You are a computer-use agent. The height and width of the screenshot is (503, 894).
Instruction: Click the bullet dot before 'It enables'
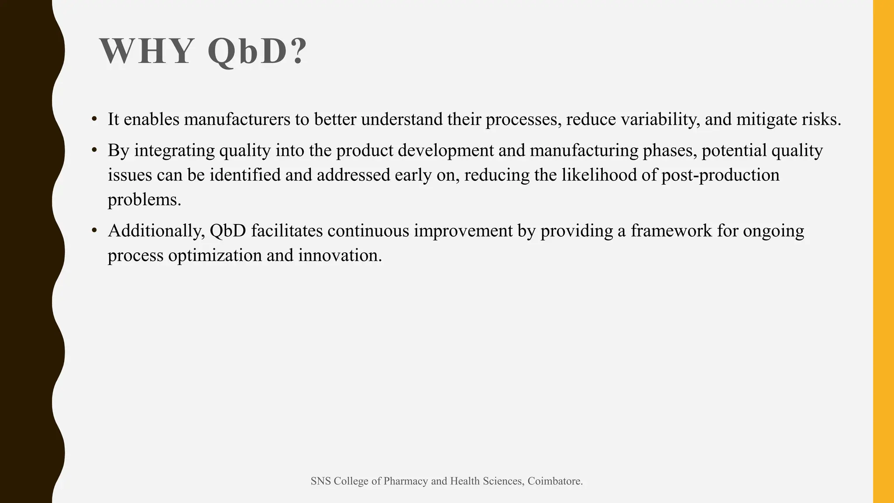coord(94,119)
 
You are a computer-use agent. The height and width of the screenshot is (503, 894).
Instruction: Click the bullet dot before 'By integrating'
coord(94,150)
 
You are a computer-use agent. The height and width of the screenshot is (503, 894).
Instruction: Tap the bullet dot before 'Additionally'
coord(94,231)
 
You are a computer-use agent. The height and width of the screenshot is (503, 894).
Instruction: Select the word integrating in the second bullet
coord(174,151)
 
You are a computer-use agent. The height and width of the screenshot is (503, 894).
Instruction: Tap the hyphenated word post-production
coord(720,175)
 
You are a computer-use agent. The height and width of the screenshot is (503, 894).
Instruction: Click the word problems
coord(144,200)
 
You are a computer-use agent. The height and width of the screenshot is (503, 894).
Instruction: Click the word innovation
coord(340,255)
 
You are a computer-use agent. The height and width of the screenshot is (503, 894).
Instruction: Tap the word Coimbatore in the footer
coord(555,481)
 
